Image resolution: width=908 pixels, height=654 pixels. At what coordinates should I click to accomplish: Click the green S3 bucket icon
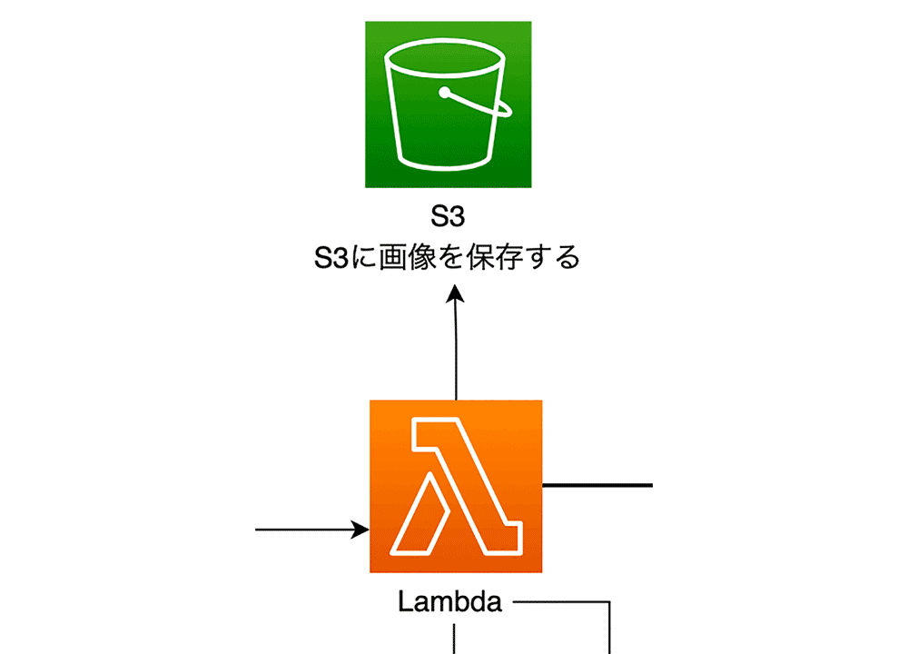tap(449, 104)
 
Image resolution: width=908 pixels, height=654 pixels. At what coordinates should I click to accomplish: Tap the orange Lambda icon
tap(456, 486)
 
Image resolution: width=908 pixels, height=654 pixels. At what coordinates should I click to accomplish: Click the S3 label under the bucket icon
tap(448, 216)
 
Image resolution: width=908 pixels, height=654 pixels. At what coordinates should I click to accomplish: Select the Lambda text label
tap(449, 602)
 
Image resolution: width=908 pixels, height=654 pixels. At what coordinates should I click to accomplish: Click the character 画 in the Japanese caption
tap(392, 257)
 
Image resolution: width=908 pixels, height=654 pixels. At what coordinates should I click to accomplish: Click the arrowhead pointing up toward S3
tap(455, 293)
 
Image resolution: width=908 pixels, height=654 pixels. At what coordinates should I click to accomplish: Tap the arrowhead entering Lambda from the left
tap(360, 530)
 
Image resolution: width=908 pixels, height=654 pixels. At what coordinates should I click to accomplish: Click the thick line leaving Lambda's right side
tap(597, 485)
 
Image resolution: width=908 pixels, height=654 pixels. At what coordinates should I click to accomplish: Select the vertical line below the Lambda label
tap(454, 639)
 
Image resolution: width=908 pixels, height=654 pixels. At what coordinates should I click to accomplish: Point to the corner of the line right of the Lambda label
tap(609, 602)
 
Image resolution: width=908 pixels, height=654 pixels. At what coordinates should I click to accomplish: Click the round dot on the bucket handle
tap(444, 92)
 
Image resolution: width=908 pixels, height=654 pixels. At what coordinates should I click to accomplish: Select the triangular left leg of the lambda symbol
tap(420, 516)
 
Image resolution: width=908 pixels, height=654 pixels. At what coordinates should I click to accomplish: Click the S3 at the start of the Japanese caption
tap(331, 258)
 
